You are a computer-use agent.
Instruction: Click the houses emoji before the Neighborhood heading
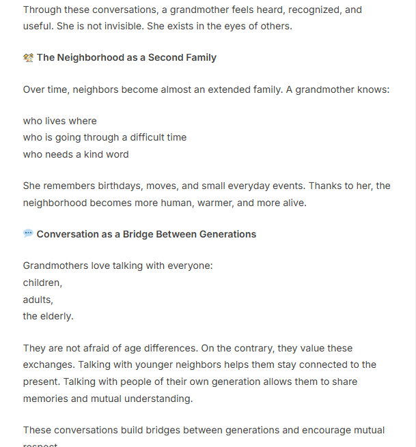pos(28,57)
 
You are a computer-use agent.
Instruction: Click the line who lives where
pos(60,121)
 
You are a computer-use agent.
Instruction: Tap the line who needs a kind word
pos(76,154)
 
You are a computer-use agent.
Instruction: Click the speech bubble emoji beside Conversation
pos(28,233)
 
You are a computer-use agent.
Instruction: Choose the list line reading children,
pos(42,283)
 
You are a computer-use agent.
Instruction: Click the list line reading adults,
pos(38,300)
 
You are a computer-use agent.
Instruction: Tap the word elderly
pos(57,317)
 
